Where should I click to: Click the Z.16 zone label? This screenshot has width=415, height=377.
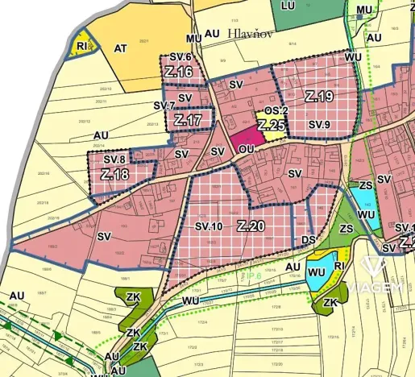tap(179, 72)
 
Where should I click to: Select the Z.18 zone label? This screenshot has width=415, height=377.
tap(115, 174)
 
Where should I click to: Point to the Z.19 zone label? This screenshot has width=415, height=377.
tap(320, 97)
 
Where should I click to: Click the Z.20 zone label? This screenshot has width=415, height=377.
tap(251, 227)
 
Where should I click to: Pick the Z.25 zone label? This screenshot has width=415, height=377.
tap(273, 125)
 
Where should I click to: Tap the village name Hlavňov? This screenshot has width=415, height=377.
tap(253, 33)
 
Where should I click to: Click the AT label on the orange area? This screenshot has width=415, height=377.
tap(121, 48)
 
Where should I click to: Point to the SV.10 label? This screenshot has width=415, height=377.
tap(208, 227)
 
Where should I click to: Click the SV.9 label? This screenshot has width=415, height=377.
tap(320, 125)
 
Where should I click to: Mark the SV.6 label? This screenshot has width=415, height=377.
tap(180, 57)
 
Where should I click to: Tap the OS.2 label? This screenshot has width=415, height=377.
tap(276, 110)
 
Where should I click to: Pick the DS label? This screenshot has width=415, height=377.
tap(309, 239)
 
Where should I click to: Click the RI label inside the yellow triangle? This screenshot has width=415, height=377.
tap(82, 48)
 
